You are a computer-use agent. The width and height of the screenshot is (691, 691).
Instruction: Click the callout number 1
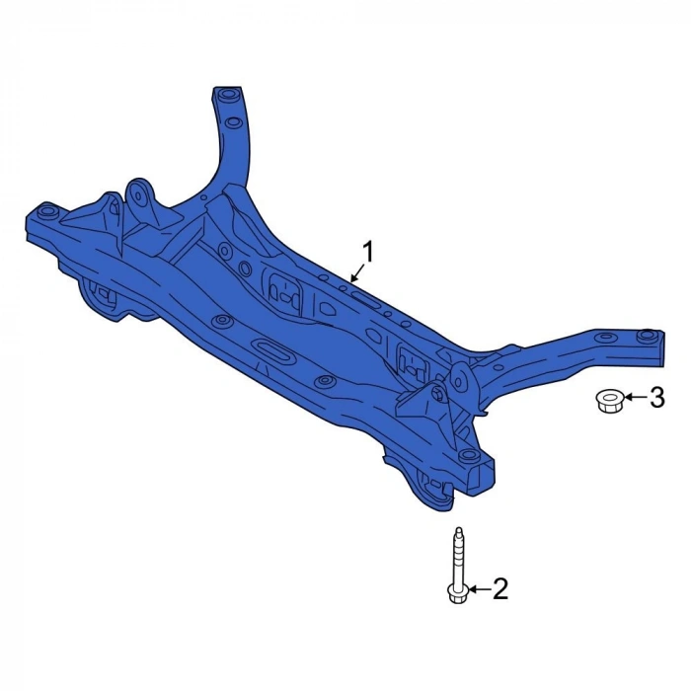point(366,253)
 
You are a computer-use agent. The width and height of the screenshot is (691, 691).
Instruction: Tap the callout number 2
point(499,588)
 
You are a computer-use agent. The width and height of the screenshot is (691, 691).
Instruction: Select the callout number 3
point(656,398)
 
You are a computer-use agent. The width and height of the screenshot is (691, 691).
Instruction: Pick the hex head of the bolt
point(458,592)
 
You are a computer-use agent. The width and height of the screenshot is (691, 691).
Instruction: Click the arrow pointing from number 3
point(635,398)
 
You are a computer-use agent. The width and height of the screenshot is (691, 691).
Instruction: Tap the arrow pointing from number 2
point(479,588)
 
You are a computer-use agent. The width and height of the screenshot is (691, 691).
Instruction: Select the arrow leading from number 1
point(357,271)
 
